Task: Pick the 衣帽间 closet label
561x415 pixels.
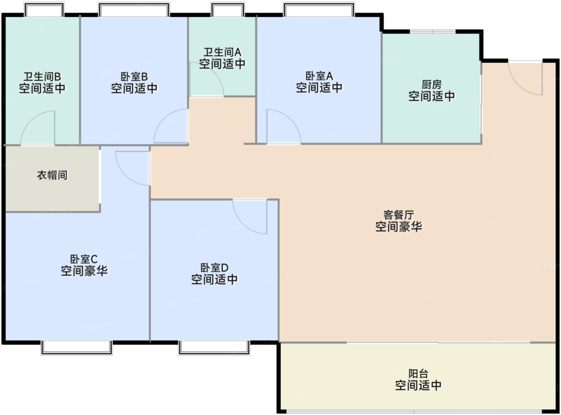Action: click(52, 175)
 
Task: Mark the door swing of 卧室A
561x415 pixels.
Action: click(283, 128)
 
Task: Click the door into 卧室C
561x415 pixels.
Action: click(132, 168)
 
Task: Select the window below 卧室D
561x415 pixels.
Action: click(214, 347)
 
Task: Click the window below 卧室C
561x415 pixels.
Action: click(77, 347)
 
